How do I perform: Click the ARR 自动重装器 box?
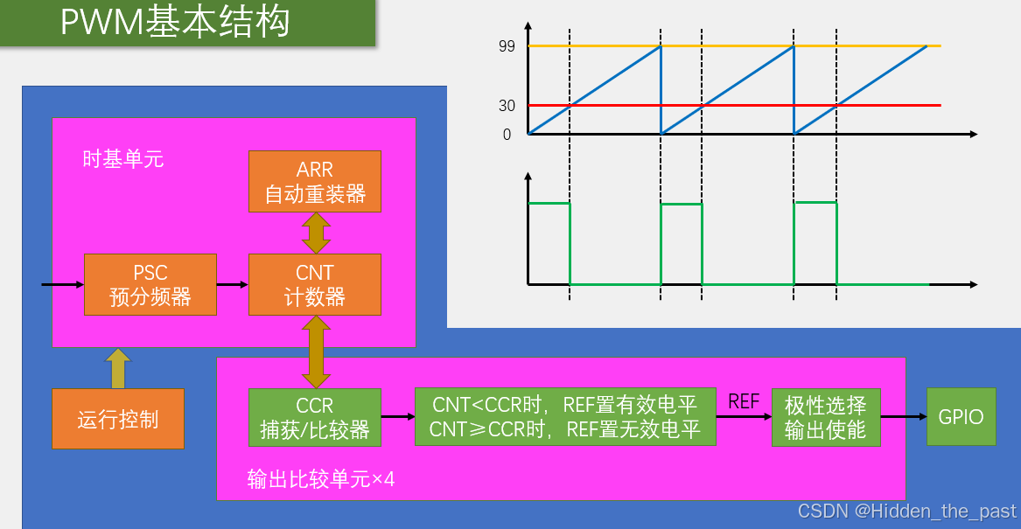coord(315,181)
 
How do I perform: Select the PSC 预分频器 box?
coord(150,284)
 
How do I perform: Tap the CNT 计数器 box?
coord(315,284)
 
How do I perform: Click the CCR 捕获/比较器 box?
coord(315,418)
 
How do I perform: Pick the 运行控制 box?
coord(118,419)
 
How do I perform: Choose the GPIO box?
coord(961,417)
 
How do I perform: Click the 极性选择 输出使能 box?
coord(825,418)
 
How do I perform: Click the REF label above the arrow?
coord(744,401)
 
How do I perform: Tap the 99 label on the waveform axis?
coord(507,46)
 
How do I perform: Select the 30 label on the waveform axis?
coord(507,106)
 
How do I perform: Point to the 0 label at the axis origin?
coord(507,135)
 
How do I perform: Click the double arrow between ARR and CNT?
coord(315,233)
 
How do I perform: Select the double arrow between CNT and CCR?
coord(315,352)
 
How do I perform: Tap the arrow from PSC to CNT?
coord(232,284)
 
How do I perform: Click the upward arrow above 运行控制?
coord(118,368)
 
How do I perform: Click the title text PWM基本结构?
coord(175,22)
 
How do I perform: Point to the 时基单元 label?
coord(122,159)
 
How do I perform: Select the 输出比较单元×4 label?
coord(321,479)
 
